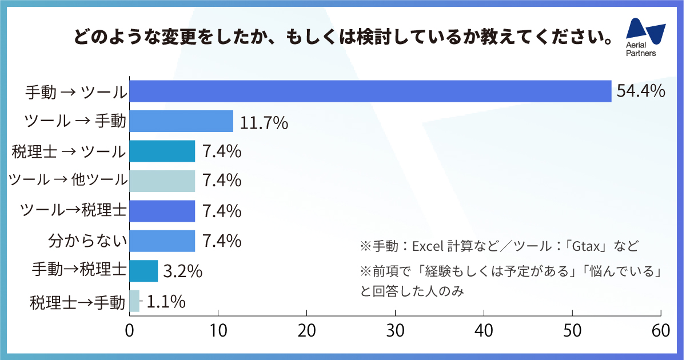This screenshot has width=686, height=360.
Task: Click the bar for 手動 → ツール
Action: pyautogui.click(x=370, y=91)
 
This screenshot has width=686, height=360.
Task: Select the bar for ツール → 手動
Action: pyautogui.click(x=181, y=121)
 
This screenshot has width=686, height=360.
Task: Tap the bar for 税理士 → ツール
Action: pyautogui.click(x=162, y=151)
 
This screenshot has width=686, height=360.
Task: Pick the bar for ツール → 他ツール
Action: pyautogui.click(x=162, y=181)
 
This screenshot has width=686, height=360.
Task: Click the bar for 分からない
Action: pyautogui.click(x=162, y=241)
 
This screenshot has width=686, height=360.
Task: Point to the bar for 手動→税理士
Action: pyautogui.click(x=143, y=271)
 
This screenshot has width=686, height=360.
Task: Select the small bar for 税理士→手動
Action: pyautogui.click(x=134, y=301)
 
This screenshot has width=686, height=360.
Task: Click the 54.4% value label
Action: pyautogui.click(x=640, y=91)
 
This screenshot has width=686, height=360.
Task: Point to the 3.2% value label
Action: pyautogui.click(x=183, y=271)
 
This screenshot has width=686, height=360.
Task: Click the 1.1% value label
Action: pyautogui.click(x=166, y=301)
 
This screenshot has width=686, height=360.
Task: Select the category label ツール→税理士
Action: pyautogui.click(x=73, y=211)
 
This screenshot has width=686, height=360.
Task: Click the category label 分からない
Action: pyautogui.click(x=87, y=241)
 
